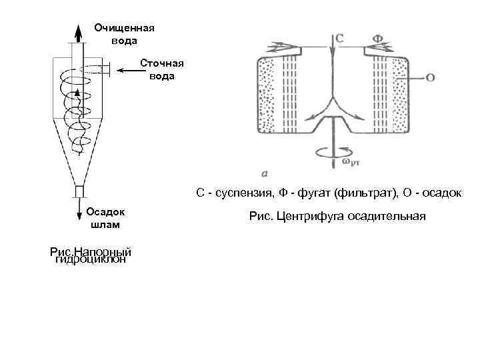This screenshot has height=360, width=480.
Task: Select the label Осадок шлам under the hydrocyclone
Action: pyautogui.click(x=105, y=217)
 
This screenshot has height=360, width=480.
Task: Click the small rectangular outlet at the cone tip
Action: pyautogui.click(x=78, y=191)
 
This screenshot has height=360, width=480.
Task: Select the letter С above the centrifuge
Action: pyautogui.click(x=339, y=39)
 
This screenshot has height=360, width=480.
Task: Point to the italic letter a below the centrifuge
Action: pyautogui.click(x=265, y=173)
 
